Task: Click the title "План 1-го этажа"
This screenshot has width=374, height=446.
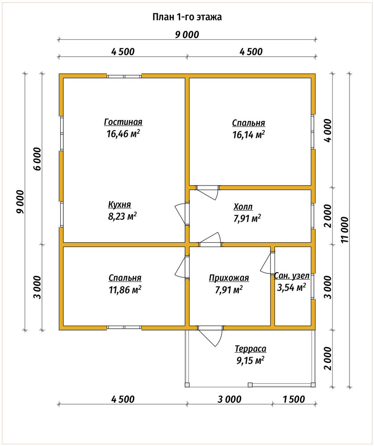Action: tap(187, 17)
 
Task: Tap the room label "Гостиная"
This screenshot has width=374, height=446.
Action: tap(123, 122)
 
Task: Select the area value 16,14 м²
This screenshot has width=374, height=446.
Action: tap(249, 134)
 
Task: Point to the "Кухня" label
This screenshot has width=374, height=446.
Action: tap(119, 205)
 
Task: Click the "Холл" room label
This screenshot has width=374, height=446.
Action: tap(243, 207)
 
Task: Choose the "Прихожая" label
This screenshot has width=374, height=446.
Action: tap(229, 278)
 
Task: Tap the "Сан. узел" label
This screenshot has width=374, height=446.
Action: tap(292, 276)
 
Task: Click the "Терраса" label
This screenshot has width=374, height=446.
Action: tap(251, 349)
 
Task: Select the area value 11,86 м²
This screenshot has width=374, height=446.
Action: tap(125, 290)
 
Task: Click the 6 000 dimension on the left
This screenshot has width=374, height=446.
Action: tap(37, 159)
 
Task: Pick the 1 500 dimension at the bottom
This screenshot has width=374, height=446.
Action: tap(294, 399)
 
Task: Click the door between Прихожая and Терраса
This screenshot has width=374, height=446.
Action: tap(210, 336)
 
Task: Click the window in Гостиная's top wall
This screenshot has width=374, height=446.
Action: tap(124, 76)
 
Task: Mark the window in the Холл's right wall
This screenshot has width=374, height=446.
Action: tap(313, 216)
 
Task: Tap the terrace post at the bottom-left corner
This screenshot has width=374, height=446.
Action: tap(187, 385)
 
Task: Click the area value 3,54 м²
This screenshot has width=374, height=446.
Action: tap(291, 288)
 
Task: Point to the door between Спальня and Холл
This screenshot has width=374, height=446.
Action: tap(207, 192)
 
